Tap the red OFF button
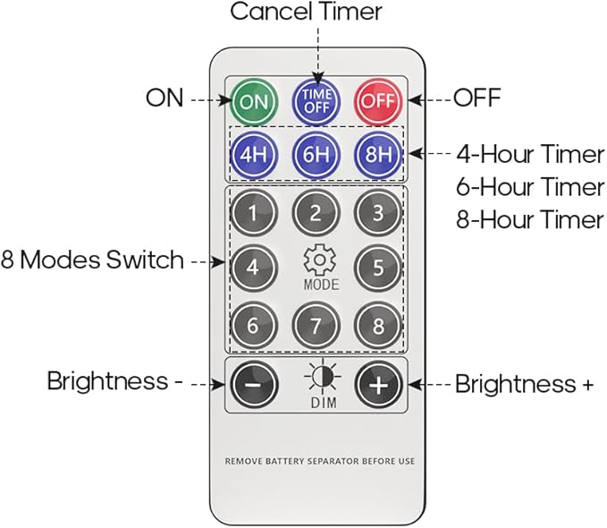[x=378, y=101]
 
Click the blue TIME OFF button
[x=316, y=101]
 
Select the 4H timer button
[x=254, y=155]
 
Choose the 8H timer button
[x=378, y=155]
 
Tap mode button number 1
[x=254, y=213]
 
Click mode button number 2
[x=316, y=213]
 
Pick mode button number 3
[x=378, y=213]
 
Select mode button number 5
[x=378, y=268]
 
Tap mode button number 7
[x=316, y=325]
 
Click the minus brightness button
[x=254, y=384]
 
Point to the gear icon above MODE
[x=319, y=260]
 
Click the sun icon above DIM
[x=323, y=376]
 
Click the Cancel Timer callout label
[x=306, y=12]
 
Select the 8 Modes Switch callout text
[x=92, y=260]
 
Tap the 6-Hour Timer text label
[x=530, y=186]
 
